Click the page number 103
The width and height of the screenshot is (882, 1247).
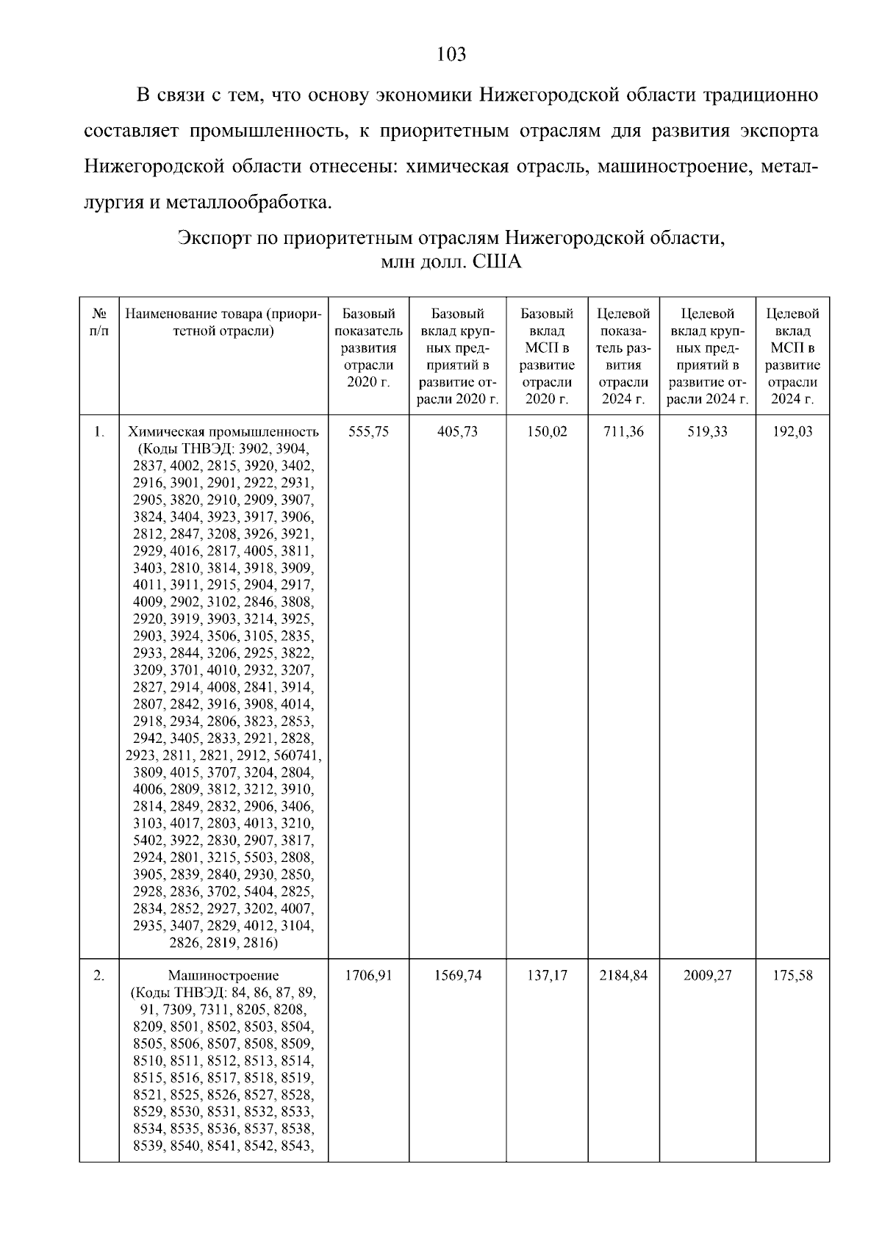[x=451, y=54]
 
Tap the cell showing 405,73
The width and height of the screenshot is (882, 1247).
[x=457, y=432]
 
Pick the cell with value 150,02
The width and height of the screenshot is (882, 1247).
[x=547, y=432]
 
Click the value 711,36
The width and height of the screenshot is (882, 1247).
[x=623, y=432]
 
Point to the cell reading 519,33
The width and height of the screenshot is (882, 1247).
[x=707, y=432]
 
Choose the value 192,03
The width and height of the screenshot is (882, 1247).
[x=792, y=432]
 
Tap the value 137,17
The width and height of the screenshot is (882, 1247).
[x=547, y=977]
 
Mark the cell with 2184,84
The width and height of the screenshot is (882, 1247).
[x=623, y=977]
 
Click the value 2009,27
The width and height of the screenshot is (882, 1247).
[x=707, y=977]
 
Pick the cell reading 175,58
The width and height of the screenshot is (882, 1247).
[x=792, y=977]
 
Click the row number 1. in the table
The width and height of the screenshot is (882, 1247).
[x=98, y=432]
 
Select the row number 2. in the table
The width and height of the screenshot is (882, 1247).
[x=98, y=977]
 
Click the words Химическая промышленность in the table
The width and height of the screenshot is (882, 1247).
[x=223, y=432]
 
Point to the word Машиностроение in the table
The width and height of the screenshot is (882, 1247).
[x=223, y=977]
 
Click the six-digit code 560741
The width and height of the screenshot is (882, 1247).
[x=298, y=755]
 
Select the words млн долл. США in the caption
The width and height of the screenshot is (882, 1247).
[x=451, y=262]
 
